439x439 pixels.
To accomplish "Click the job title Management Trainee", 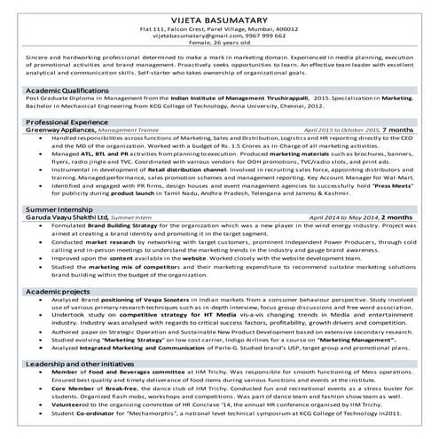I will [x=127, y=129].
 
